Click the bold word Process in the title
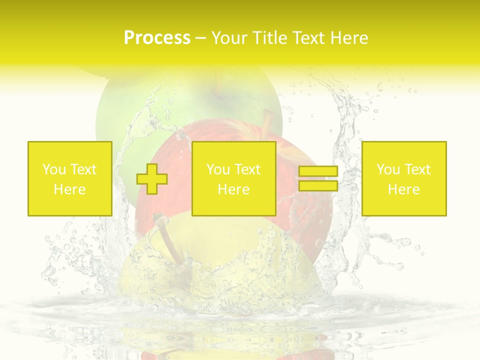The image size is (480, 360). tap(157, 38)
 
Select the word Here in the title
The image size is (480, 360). tap(348, 38)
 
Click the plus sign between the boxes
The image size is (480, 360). tap(152, 178)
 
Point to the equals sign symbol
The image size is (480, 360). tap(318, 178)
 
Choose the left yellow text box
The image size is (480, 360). tap(69, 178)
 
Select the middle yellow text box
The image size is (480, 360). tap(233, 178)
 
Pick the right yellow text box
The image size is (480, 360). tap(403, 178)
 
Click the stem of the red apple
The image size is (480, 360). tap(267, 120)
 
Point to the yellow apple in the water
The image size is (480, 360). tap(210, 280)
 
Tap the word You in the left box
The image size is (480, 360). tap(54, 169)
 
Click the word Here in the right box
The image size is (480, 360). tap(403, 189)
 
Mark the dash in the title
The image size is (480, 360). tap(200, 38)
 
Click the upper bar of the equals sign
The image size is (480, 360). tap(318, 171)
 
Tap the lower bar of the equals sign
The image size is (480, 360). tap(318, 186)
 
